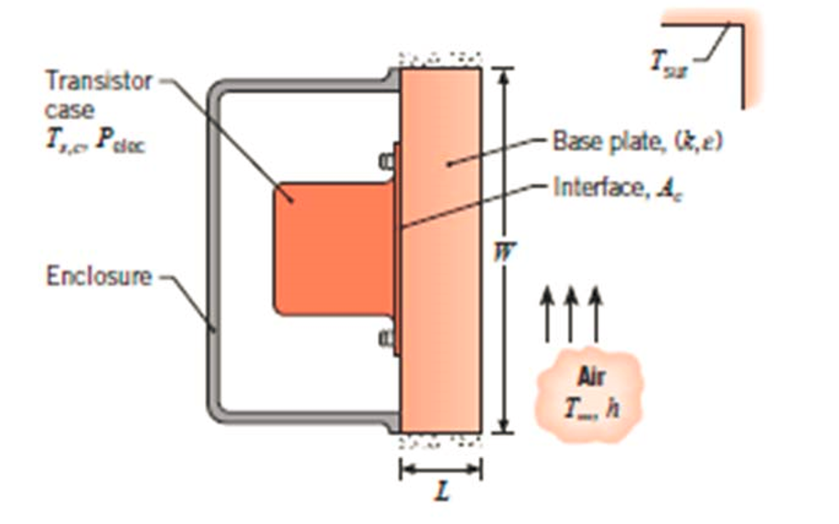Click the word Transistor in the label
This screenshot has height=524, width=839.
point(98,81)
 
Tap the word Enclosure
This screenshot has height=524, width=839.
point(99,275)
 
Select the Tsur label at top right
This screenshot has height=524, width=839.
point(665,62)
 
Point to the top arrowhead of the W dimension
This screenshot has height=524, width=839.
point(500,72)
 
